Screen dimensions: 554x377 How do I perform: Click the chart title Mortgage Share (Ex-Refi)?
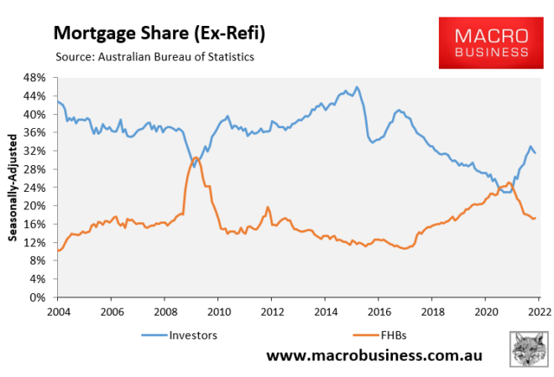(159, 34)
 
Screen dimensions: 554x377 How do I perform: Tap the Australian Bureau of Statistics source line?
(154, 57)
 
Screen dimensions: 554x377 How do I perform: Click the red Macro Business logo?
(491, 43)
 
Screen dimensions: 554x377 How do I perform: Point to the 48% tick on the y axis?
(34, 78)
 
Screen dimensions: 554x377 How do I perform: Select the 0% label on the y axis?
(37, 297)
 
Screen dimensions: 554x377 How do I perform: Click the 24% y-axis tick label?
(34, 188)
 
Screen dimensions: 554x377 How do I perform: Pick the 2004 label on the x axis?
(58, 312)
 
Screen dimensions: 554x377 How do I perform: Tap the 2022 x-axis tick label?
(539, 312)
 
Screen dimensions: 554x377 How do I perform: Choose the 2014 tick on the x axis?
(326, 312)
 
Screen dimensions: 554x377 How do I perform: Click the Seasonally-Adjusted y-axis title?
(13, 188)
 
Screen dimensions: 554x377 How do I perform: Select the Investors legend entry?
(180, 335)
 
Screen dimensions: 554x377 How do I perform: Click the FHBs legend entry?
(379, 335)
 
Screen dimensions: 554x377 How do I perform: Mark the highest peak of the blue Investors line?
(357, 87)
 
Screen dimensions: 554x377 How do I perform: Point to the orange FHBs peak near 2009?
(196, 158)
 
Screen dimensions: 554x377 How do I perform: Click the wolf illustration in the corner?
(529, 349)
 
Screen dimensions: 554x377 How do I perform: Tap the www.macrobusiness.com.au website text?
(374, 355)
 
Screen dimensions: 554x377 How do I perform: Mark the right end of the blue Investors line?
(536, 153)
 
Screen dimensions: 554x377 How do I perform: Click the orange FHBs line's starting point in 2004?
(58, 250)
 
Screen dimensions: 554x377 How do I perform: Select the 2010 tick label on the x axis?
(219, 312)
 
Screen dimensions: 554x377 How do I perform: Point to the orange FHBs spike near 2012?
(268, 208)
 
